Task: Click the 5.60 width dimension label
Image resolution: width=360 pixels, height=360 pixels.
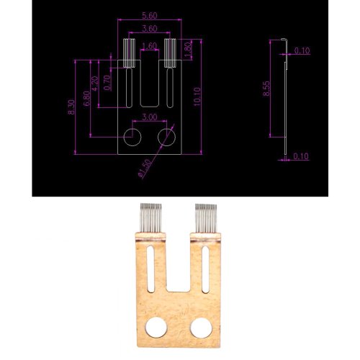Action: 150,16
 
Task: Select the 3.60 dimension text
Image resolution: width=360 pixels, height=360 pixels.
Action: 150,29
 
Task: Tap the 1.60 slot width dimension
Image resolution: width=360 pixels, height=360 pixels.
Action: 150,46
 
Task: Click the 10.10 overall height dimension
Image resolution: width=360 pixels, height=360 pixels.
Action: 197,96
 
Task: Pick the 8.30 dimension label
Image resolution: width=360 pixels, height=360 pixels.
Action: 72,107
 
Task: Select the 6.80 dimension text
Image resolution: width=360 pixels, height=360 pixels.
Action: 87,98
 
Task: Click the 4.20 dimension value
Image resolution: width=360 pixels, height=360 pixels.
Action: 95,84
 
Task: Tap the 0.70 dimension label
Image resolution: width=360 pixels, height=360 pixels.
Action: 107,83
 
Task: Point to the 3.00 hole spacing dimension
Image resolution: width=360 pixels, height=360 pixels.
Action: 150,117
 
